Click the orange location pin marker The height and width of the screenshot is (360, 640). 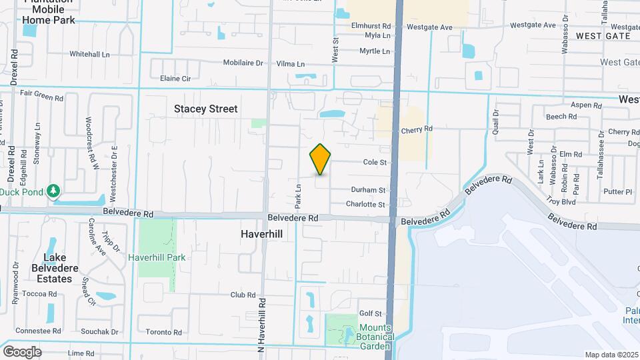point(321,159)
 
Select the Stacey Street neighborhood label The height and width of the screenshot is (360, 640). point(205,109)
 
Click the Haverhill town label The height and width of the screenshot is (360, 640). point(262,235)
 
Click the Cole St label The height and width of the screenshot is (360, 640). point(375,162)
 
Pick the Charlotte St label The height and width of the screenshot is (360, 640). point(365,204)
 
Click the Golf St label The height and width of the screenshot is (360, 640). point(370,313)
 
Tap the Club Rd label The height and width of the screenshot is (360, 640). point(243,295)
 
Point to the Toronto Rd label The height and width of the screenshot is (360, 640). point(163,332)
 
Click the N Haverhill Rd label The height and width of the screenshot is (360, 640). point(262,325)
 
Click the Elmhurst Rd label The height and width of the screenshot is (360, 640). point(371,25)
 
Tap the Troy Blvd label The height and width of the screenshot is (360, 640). point(561,201)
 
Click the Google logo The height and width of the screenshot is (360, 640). point(22,351)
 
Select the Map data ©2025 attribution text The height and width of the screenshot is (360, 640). point(611,355)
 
